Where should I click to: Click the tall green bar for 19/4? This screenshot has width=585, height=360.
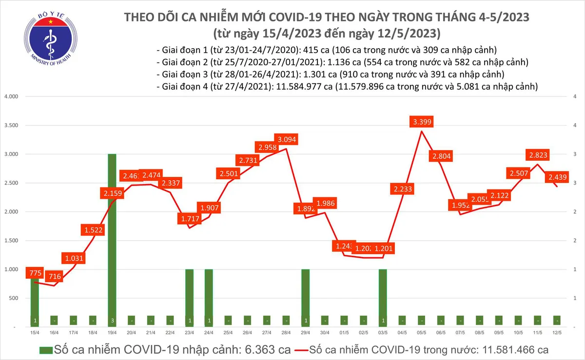(x=112, y=239)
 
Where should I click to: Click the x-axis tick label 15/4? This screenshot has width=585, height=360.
(x=34, y=333)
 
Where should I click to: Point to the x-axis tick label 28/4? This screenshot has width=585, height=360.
(x=286, y=333)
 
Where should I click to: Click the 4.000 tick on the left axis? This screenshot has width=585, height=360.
(x=11, y=96)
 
